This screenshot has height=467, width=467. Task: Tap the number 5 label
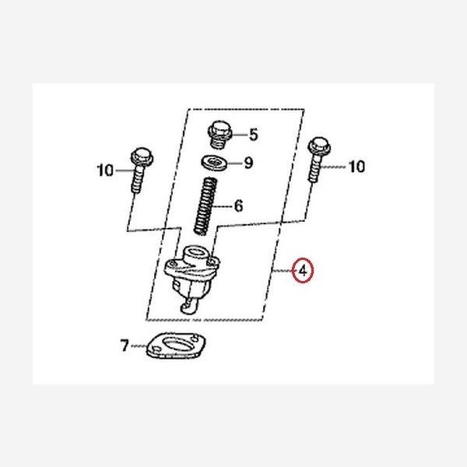coord(252,135)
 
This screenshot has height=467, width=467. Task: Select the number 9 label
coord(248,163)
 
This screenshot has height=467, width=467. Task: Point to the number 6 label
coord(238,206)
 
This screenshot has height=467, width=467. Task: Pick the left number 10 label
coord(106,169)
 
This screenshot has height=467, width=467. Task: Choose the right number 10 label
coord(356,166)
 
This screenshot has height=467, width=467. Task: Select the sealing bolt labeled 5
coord(219,134)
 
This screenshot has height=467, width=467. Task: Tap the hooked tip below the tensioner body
coord(186,308)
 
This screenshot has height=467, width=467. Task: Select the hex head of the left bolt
coord(140,153)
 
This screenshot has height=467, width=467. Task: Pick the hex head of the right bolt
coord(316,144)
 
